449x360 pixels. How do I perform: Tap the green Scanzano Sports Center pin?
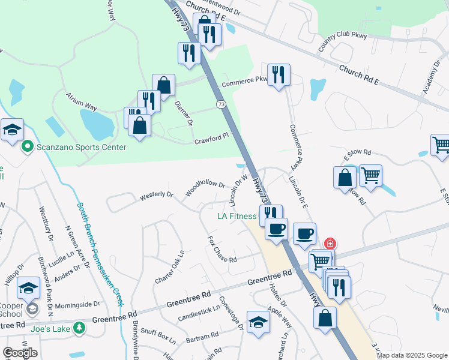26,146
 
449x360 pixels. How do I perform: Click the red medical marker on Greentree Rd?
330,244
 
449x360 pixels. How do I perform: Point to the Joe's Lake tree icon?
79,328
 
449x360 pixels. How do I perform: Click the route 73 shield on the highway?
221,104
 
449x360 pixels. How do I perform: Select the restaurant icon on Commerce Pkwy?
279,75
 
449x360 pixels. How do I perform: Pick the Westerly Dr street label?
156,196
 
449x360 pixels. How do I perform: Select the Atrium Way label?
82,106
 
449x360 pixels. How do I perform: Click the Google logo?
20,352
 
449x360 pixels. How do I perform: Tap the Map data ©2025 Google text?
411,355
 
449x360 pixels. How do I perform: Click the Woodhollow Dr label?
205,189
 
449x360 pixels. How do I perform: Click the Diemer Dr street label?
183,112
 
